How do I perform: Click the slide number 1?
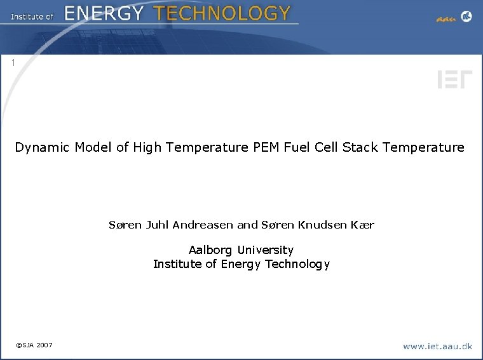click(x=13, y=63)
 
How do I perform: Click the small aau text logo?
click(x=446, y=18)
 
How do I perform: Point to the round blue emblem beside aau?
click(x=466, y=17)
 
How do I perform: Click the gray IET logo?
click(x=454, y=80)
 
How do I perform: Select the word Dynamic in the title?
click(x=43, y=148)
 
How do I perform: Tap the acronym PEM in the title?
click(x=269, y=148)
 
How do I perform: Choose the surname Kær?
click(x=363, y=225)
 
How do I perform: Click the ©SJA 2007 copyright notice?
click(x=34, y=345)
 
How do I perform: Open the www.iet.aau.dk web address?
click(x=437, y=346)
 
